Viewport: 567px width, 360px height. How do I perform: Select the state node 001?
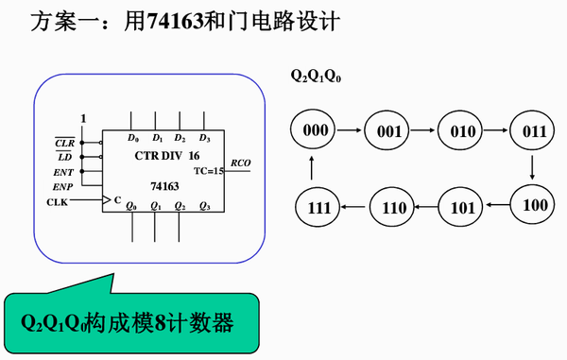388,131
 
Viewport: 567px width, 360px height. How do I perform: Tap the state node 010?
463,131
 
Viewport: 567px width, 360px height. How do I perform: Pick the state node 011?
534,131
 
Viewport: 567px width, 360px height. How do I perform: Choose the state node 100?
534,203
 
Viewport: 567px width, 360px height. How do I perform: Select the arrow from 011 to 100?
534,167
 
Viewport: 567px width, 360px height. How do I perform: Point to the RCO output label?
241,162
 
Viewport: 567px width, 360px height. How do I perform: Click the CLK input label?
59,202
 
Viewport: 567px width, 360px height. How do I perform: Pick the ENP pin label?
63,188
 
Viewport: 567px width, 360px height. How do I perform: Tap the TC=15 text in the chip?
208,171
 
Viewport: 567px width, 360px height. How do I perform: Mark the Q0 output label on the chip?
131,206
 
